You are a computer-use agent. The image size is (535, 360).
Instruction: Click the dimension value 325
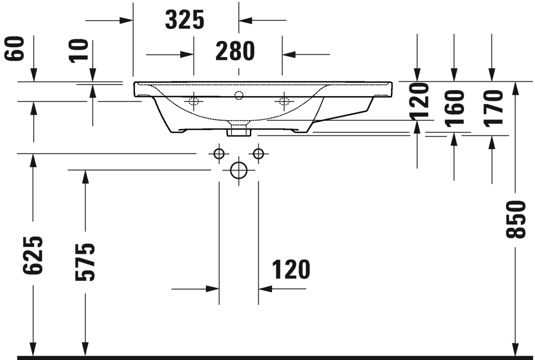click(185, 20)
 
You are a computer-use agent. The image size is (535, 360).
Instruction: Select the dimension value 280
click(235, 51)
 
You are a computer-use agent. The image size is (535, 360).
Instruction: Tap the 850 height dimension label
click(516, 219)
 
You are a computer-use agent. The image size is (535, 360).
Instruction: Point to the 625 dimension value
click(33, 256)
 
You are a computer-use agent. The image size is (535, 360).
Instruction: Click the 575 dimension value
click(85, 262)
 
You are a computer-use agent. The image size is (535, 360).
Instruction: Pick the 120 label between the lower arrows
click(290, 269)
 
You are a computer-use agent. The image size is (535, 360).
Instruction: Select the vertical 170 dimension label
click(492, 108)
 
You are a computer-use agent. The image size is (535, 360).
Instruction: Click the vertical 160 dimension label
click(454, 108)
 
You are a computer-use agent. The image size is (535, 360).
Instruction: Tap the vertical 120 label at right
click(419, 102)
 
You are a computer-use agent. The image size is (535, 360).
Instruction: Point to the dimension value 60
click(16, 49)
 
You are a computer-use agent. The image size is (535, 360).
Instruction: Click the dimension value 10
click(80, 51)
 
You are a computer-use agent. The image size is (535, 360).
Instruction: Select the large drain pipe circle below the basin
click(239, 170)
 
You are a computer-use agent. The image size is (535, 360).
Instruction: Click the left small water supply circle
click(219, 154)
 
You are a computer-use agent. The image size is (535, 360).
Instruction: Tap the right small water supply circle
click(258, 154)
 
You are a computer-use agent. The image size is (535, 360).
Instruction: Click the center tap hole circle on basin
click(239, 96)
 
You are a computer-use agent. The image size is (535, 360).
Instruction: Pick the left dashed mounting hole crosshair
click(193, 101)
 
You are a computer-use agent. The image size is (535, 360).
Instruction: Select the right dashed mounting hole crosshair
click(283, 101)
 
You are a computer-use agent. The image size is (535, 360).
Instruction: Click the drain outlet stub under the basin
click(239, 131)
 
